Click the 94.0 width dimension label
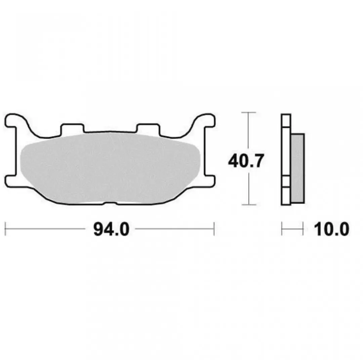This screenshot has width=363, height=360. tap(111, 229)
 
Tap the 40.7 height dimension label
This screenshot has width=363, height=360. tap(246, 161)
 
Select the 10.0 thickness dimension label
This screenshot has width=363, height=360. tap(331, 229)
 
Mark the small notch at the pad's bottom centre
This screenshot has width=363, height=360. tap(110, 203)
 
